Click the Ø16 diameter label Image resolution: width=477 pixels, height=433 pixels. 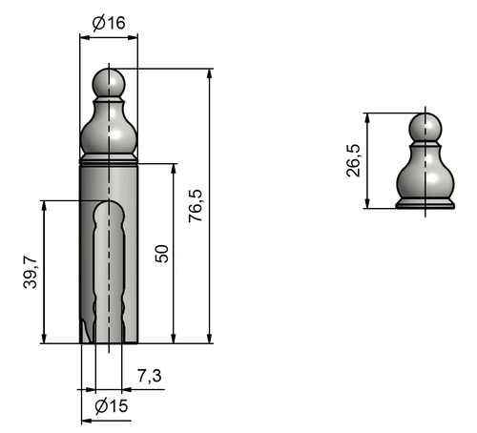pos(109,23)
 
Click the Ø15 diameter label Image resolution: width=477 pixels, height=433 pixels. pos(112,406)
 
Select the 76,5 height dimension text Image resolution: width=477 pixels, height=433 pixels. pos(196,206)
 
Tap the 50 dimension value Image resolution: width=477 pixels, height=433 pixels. pos(162,254)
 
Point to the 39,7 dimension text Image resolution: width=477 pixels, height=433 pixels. pos(31,272)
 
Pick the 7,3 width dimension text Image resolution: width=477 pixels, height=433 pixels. pos(150,376)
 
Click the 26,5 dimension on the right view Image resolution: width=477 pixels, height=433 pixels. pos(353,160)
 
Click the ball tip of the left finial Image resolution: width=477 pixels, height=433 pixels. pos(109,83)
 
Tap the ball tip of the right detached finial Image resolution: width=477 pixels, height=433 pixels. pos(425,128)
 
